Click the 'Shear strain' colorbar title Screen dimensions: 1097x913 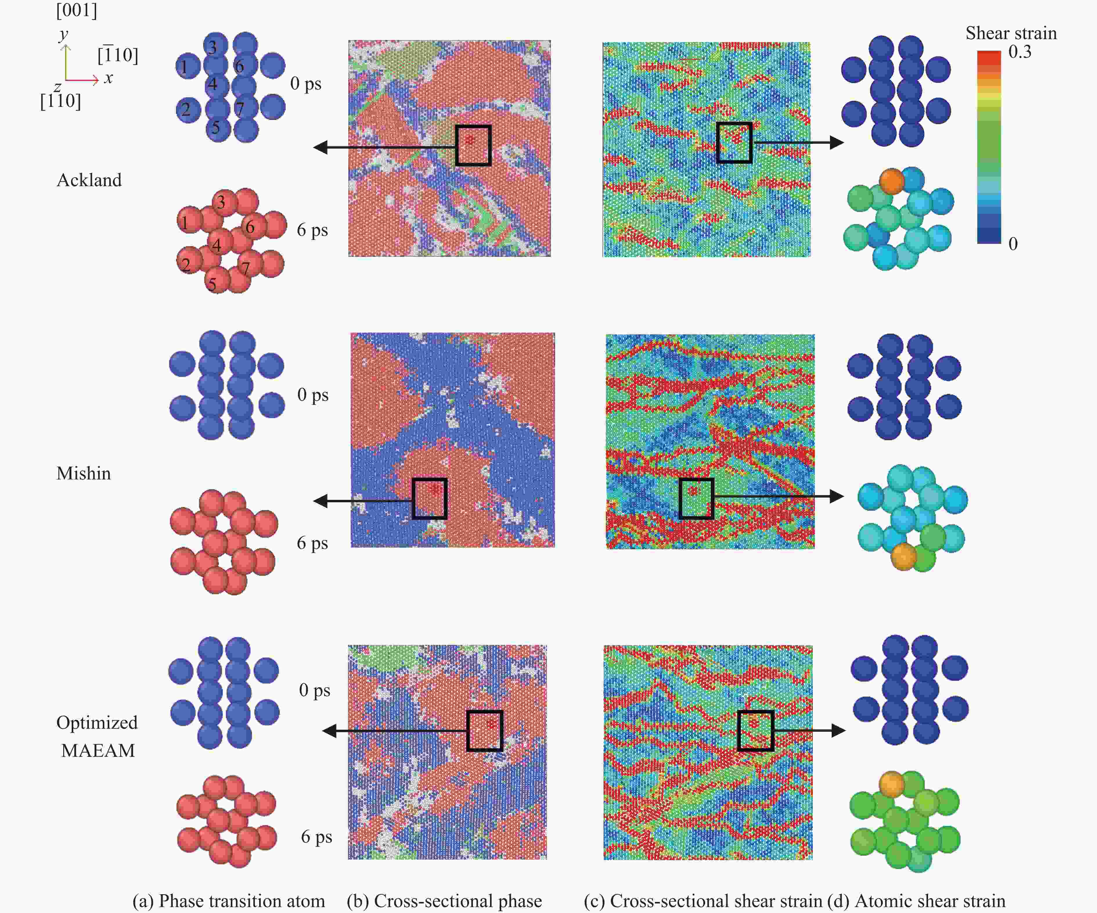click(1011, 33)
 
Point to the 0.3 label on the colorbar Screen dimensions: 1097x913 click(1020, 52)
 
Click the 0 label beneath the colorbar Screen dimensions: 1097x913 click(1013, 243)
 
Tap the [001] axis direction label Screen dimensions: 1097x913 click(77, 10)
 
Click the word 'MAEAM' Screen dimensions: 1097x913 click(98, 750)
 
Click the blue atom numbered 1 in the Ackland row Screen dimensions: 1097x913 click(188, 66)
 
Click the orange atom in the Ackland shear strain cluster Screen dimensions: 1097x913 click(892, 180)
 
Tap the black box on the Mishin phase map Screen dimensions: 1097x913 click(429, 498)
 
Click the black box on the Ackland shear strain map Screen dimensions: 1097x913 click(734, 143)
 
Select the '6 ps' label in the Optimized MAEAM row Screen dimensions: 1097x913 click(317, 837)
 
